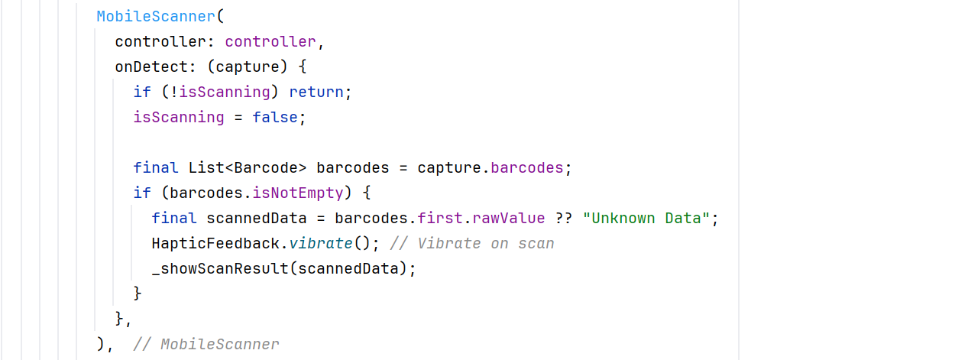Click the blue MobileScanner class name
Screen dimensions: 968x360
156,16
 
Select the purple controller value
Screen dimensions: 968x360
270,41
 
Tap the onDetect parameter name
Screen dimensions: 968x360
151,66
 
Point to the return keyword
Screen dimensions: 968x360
316,92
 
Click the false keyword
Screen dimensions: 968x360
275,117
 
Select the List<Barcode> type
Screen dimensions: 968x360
248,167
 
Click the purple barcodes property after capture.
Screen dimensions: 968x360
526,167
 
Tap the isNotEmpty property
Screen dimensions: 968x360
298,193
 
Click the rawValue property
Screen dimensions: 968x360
508,219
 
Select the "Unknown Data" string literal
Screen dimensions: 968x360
646,219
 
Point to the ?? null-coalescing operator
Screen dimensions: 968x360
564,219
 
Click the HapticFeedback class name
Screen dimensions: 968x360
215,243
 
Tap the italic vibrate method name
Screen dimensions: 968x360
321,243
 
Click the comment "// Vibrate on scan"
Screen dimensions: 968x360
472,243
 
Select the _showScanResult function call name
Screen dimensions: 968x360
220,268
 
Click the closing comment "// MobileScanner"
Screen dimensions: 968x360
206,344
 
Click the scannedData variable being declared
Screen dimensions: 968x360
256,219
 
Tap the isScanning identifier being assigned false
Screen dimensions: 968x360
179,117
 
